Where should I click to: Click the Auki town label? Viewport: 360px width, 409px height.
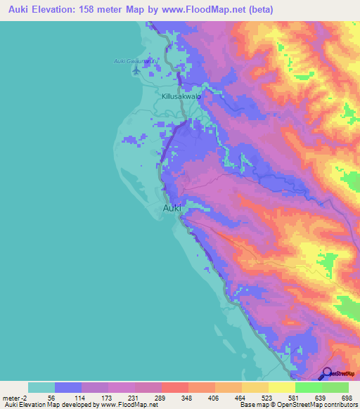[x=172, y=208]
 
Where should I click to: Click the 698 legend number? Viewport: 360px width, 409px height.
[x=346, y=397]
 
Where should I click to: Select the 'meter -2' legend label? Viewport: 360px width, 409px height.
[x=14, y=397]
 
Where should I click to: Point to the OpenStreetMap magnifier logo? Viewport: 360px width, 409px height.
[x=328, y=374]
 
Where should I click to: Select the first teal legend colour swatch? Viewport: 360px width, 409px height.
[x=41, y=387]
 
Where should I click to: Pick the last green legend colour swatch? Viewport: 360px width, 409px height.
[x=335, y=387]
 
